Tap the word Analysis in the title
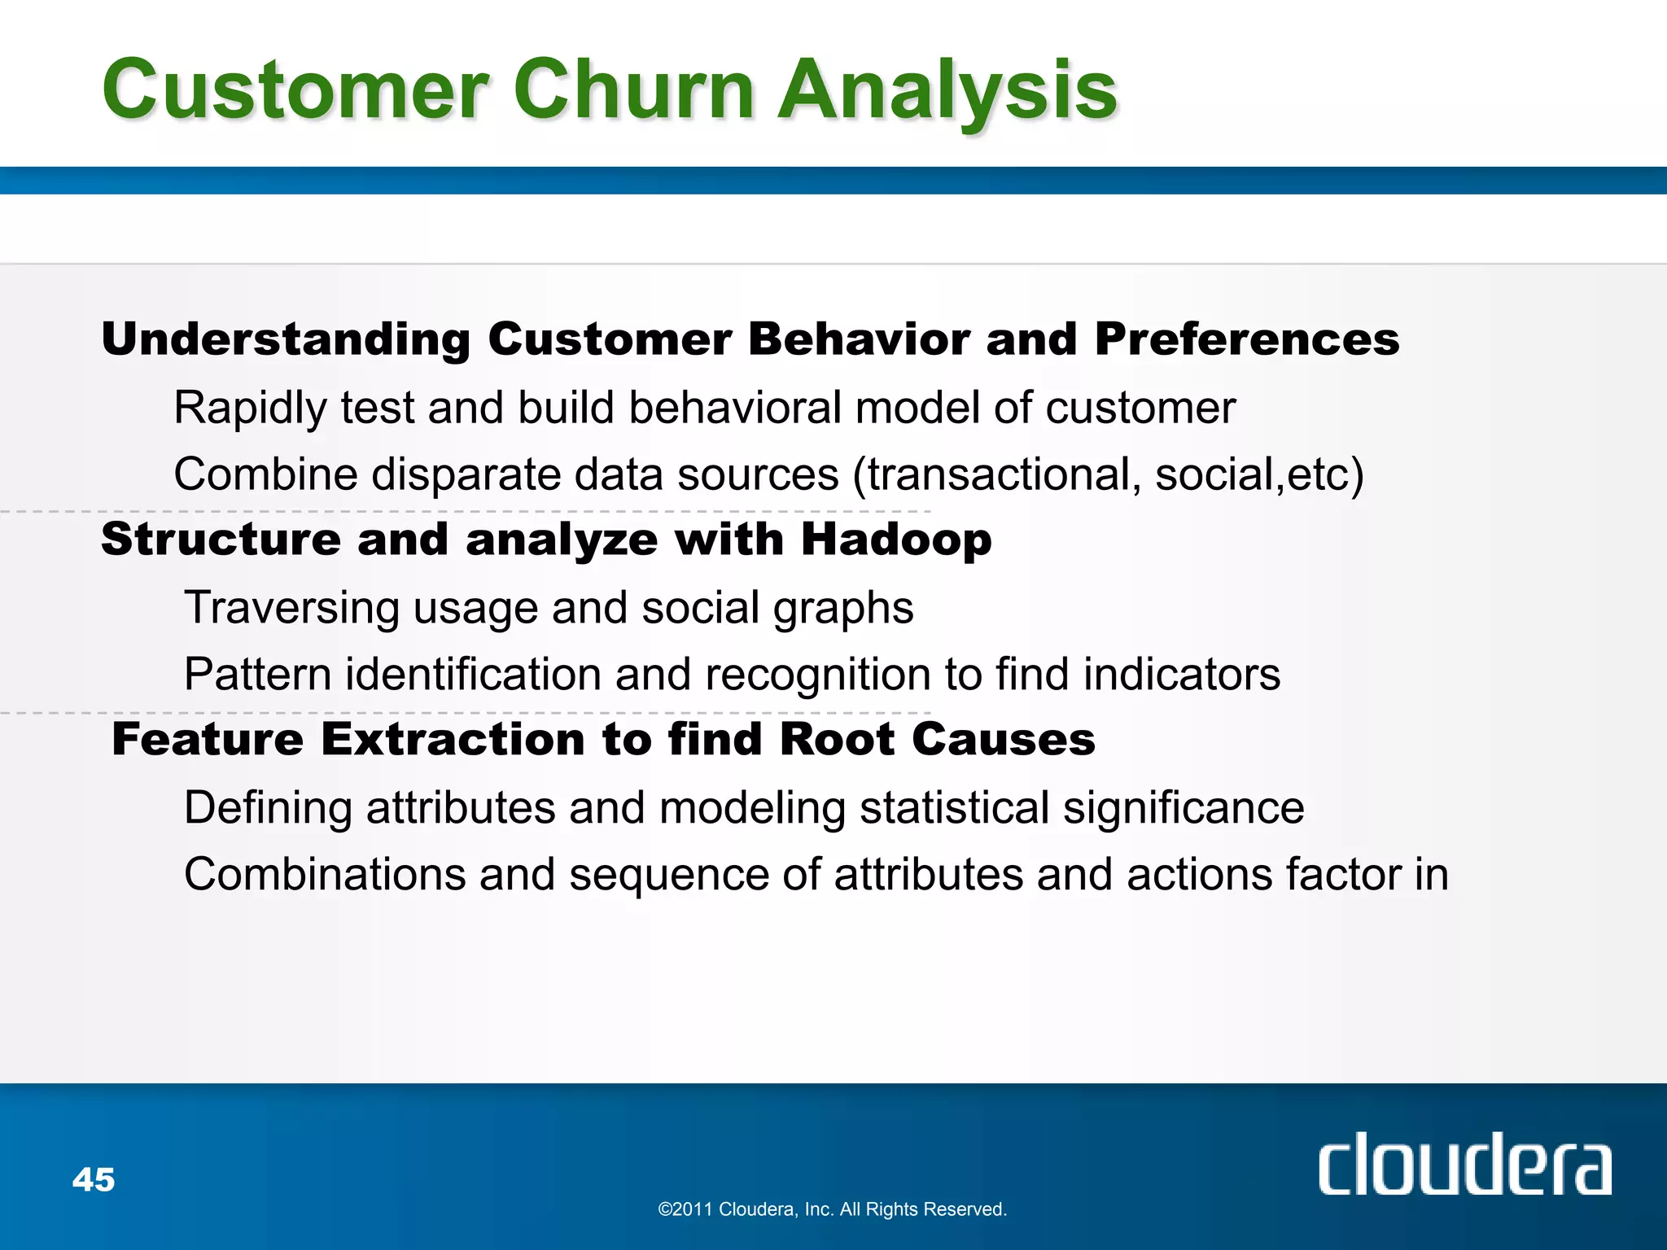pos(947,91)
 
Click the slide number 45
pos(94,1179)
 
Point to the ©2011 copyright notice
pos(832,1209)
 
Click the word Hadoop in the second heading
pos(896,540)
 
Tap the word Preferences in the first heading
pos(1246,339)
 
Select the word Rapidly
pos(250,409)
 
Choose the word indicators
pos(1181,675)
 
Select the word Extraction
pos(453,740)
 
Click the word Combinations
pos(324,875)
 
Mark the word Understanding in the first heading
pos(286,340)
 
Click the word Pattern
pos(257,675)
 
